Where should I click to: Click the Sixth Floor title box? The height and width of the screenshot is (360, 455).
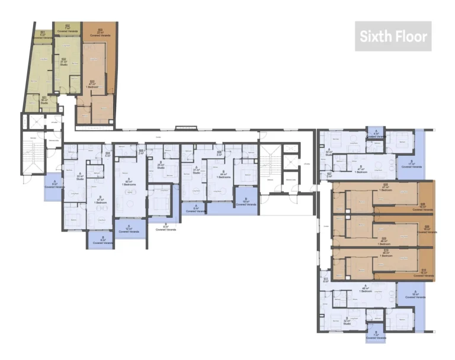pos(393,36)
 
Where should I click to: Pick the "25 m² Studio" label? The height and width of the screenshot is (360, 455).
pos(160,166)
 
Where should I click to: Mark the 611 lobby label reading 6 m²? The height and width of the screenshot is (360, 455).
pos(325,279)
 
